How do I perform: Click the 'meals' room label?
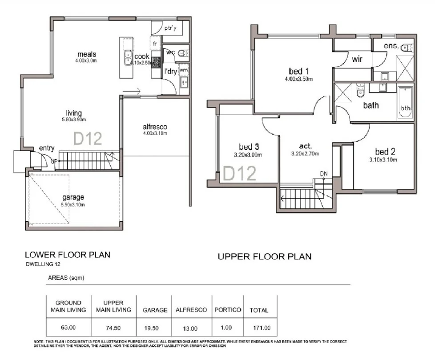[x=87, y=54]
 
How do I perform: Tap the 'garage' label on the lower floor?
[x=73, y=197]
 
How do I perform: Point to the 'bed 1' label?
[x=298, y=71]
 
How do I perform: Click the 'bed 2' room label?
[x=385, y=151]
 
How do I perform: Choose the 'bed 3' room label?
[x=249, y=147]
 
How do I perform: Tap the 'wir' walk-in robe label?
[x=358, y=59]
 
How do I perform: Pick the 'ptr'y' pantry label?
[x=170, y=28]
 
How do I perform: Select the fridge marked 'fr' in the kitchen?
[x=155, y=44]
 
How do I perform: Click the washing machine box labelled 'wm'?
[x=184, y=70]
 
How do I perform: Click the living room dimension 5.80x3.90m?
[x=74, y=120]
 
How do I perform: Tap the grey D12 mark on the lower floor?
[x=88, y=138]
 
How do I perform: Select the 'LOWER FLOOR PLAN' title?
[x=67, y=255]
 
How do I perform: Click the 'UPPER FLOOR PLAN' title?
[x=264, y=256]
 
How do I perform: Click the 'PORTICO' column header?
[x=227, y=310]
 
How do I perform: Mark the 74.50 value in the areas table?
[x=113, y=328]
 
